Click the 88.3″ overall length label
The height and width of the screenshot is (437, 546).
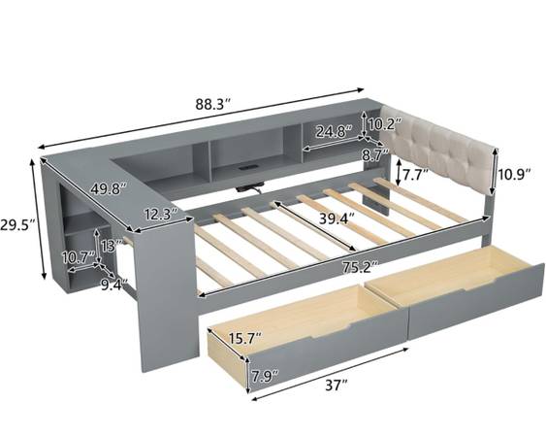[212, 104]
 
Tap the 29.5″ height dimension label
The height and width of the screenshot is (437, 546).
[17, 225]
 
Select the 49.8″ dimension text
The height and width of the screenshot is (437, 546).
[108, 188]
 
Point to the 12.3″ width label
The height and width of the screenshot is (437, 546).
[161, 214]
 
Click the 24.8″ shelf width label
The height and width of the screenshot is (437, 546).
[334, 131]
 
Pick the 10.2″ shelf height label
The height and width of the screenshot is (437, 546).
[385, 124]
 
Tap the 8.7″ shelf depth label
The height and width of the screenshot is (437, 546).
[375, 154]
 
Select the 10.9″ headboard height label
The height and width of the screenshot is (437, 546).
[514, 173]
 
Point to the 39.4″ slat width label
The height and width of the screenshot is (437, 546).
[337, 218]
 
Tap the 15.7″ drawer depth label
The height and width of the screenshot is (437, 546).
[244, 338]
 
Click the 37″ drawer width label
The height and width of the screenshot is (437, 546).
[337, 386]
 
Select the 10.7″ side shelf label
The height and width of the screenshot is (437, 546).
[78, 258]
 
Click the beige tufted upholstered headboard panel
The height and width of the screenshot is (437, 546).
[437, 150]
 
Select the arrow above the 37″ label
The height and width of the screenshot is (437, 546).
[330, 374]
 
